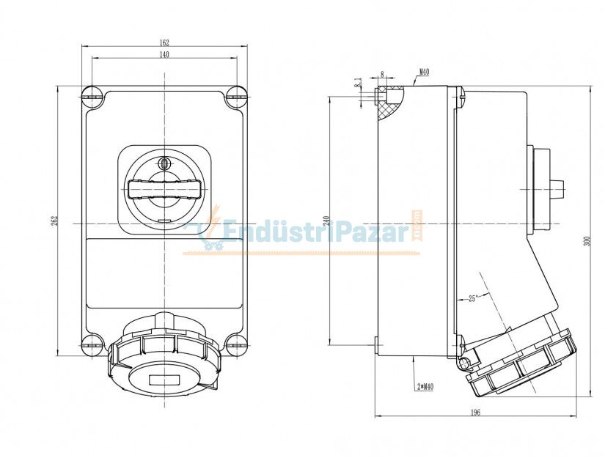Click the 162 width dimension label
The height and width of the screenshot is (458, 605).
[164, 43]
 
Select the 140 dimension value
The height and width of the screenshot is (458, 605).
[164, 55]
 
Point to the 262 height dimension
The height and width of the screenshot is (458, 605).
[53, 221]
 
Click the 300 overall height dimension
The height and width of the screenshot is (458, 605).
[586, 241]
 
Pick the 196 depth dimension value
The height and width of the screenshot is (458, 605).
[474, 413]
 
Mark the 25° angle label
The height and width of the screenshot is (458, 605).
[473, 298]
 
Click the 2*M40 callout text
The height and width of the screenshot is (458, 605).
[425, 386]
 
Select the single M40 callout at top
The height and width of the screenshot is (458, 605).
[424, 73]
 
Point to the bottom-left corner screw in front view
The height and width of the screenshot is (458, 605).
[91, 343]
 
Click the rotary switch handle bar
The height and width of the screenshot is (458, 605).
[164, 189]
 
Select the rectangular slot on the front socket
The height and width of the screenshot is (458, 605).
[164, 380]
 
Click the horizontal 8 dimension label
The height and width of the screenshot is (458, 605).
[382, 74]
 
